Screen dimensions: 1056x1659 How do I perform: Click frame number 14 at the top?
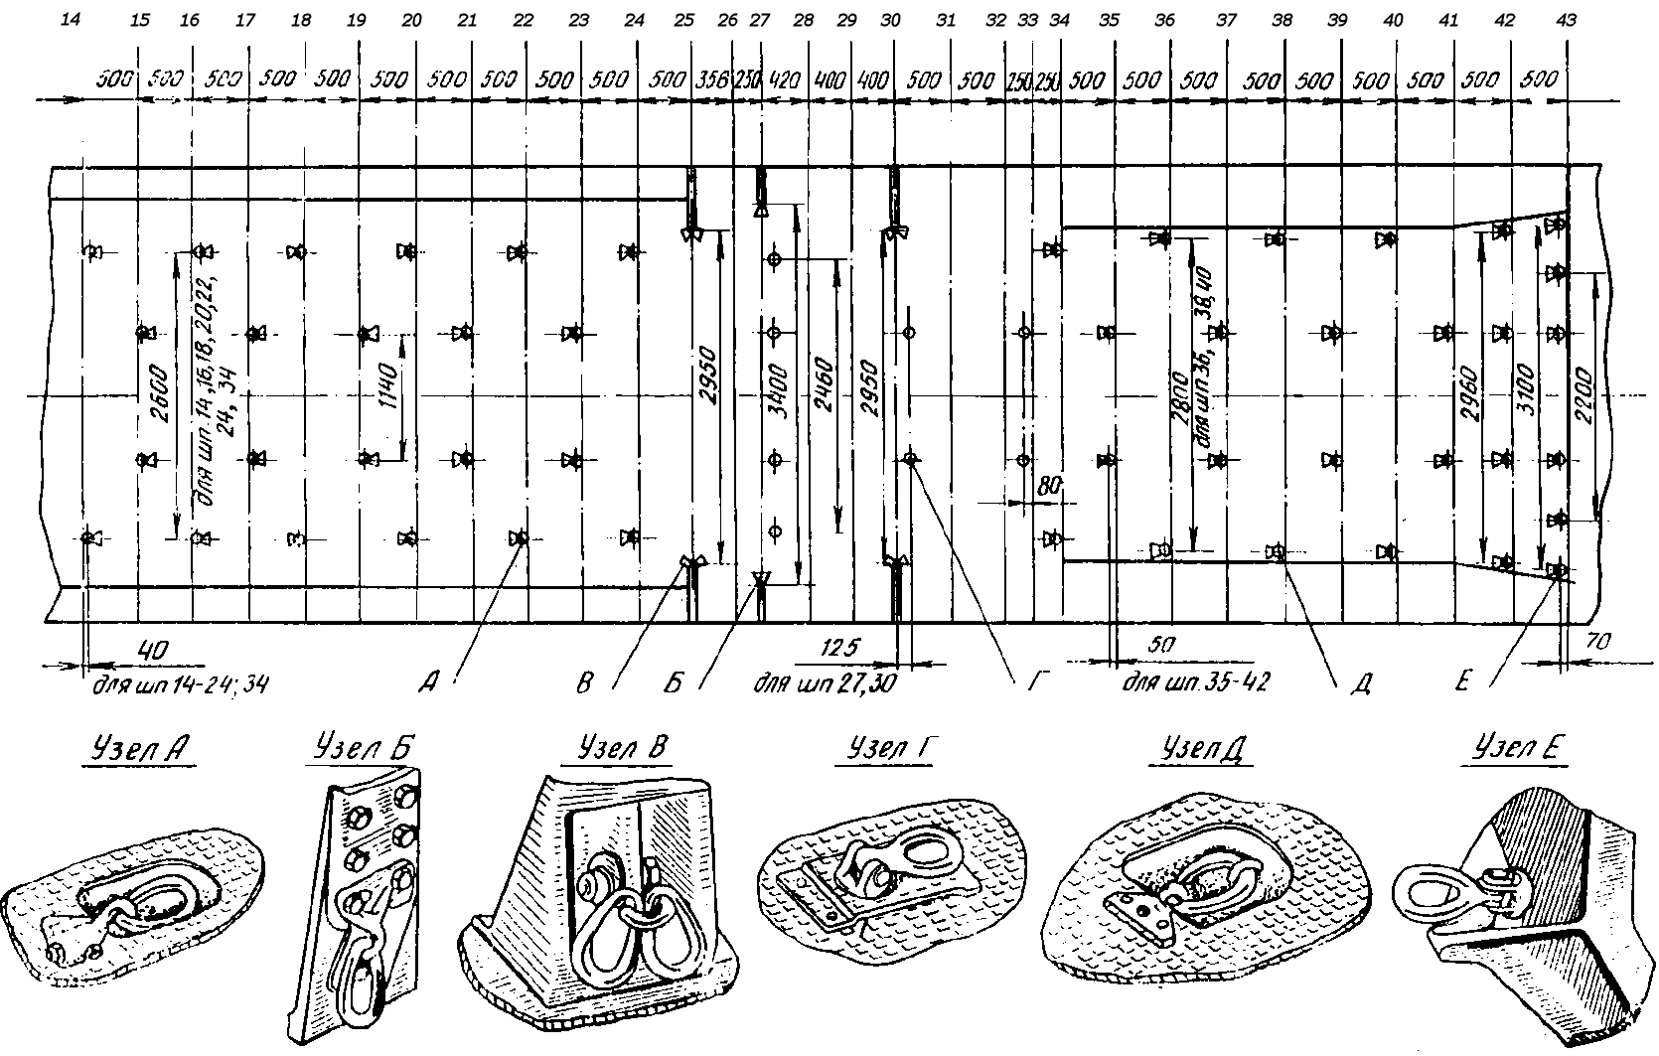coord(70,19)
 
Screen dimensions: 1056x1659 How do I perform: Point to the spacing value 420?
coord(785,79)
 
